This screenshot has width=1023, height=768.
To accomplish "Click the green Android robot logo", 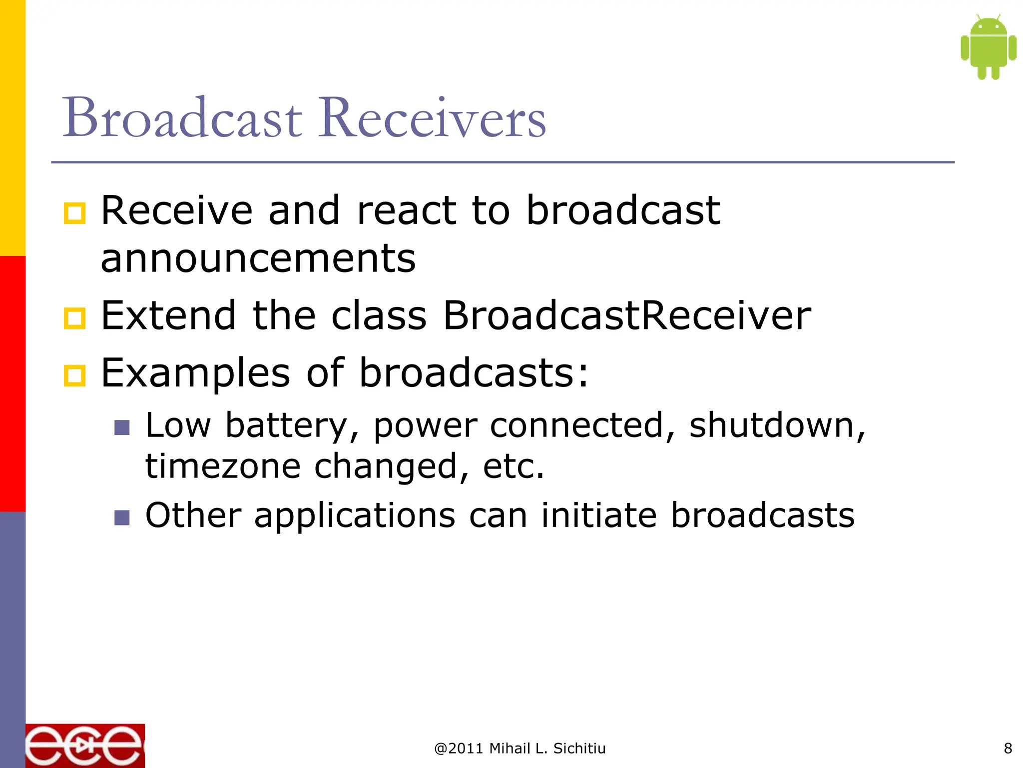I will tap(988, 47).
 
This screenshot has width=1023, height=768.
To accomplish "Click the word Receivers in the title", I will tap(433, 118).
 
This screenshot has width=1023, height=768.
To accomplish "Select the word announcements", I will tap(258, 259).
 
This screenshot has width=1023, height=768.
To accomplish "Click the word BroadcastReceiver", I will tap(627, 316).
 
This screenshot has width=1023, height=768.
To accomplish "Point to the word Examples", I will tap(195, 374).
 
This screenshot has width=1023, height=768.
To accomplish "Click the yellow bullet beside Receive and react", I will tap(75, 213).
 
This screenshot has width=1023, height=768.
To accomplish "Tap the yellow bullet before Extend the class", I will tap(75, 318).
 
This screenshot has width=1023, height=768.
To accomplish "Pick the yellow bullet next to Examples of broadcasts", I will tap(75, 376).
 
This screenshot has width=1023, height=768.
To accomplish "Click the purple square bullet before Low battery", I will tap(122, 427).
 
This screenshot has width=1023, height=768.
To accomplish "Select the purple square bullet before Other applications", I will tap(122, 517).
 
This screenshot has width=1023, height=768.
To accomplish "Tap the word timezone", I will tap(223, 466).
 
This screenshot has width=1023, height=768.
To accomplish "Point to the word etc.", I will tap(513, 466).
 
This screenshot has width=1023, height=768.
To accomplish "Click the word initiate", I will tap(598, 515).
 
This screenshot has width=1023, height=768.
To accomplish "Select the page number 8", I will tap(1008, 748).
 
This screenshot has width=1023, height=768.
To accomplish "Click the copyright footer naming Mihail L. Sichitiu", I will tap(519, 748).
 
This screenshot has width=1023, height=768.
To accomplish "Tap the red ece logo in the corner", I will tap(85, 746).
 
